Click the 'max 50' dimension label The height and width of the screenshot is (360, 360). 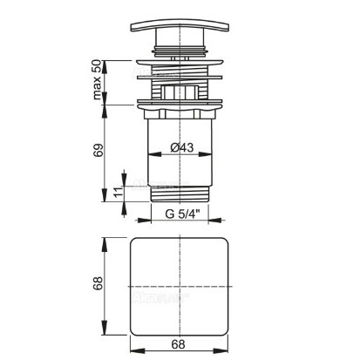(97, 79)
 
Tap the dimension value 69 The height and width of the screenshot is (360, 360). (98, 150)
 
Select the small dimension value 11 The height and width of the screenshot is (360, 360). (118, 192)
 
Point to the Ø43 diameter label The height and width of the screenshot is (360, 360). (182, 147)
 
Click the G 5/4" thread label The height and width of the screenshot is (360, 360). (183, 214)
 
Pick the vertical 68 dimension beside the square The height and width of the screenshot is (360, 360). (98, 283)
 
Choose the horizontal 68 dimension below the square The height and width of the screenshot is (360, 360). (178, 344)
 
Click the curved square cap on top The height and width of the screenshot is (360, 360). (180, 26)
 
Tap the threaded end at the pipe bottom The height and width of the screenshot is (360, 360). (180, 194)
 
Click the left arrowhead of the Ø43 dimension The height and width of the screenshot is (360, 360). (154, 154)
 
